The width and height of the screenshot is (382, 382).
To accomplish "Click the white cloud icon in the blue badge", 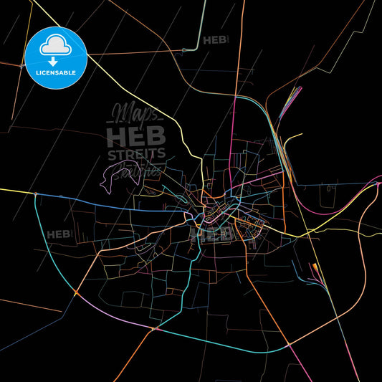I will [55, 41].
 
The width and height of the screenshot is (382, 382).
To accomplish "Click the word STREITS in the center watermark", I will [136, 153].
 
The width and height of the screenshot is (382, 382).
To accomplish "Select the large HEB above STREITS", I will [136, 134].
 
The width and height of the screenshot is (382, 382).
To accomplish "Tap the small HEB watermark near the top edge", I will [216, 40].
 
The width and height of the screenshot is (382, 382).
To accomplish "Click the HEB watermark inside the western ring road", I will [59, 234].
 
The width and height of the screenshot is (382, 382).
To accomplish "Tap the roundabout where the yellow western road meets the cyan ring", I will [35, 194].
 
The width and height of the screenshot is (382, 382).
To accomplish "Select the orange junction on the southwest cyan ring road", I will [75, 292].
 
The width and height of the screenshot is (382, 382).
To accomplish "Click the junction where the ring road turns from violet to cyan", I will [153, 329].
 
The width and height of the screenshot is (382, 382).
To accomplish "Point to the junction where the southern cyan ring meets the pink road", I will [289, 345].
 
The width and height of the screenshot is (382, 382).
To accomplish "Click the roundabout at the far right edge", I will [378, 186].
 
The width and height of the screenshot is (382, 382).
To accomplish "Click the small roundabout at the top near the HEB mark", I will [184, 49].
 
